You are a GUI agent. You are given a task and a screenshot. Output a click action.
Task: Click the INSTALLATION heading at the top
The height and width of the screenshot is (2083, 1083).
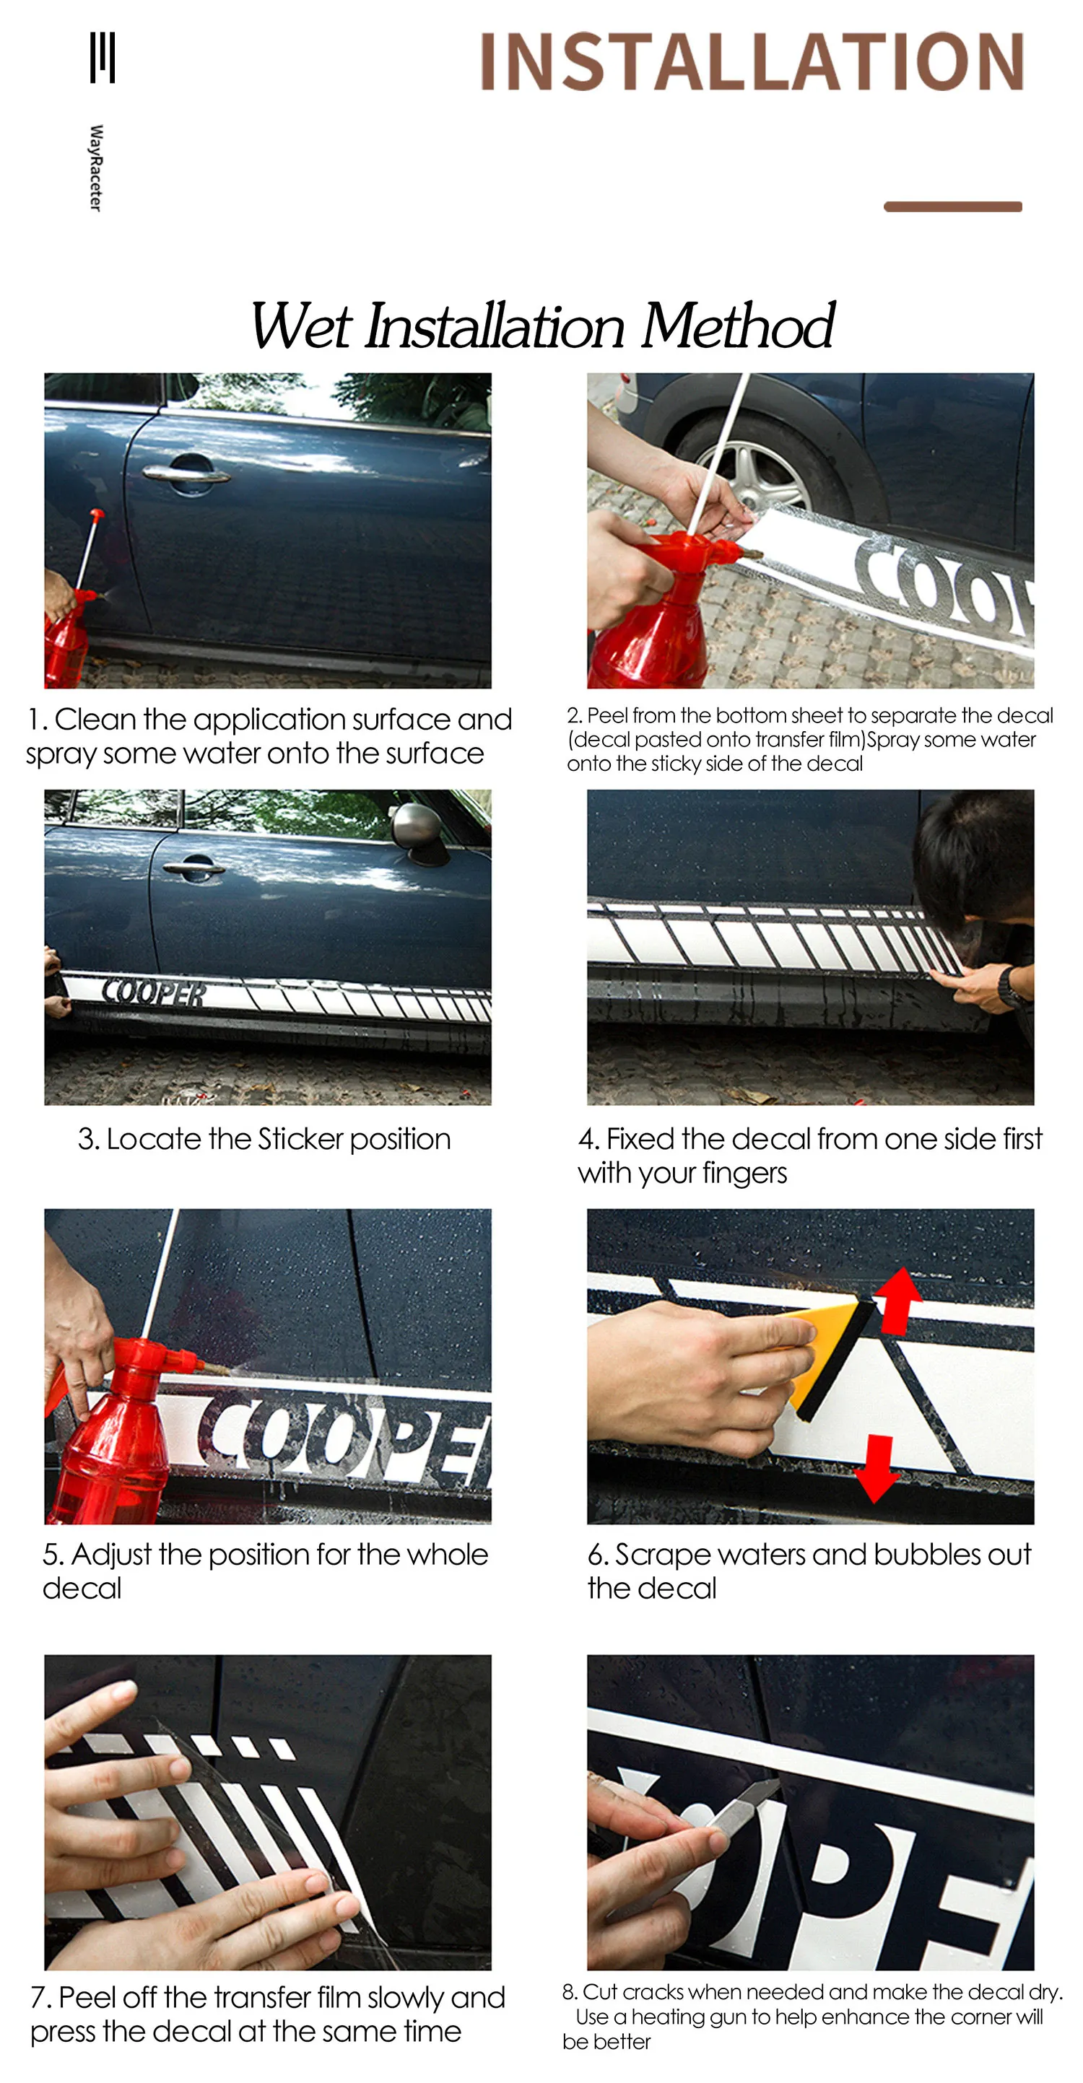point(752,61)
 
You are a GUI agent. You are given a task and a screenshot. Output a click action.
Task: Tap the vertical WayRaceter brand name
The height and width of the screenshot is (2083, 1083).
point(96,168)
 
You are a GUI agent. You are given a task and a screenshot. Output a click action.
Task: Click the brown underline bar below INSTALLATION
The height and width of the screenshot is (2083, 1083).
point(953,207)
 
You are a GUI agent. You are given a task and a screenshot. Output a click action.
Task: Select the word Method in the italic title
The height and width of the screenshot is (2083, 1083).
point(737,326)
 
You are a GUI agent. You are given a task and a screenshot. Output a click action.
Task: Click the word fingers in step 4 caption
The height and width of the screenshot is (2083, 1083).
point(744,1174)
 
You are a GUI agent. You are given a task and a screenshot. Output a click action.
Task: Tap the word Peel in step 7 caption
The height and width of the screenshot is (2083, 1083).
point(82,1997)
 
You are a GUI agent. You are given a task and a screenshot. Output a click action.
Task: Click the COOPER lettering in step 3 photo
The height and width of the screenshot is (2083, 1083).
point(154,993)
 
